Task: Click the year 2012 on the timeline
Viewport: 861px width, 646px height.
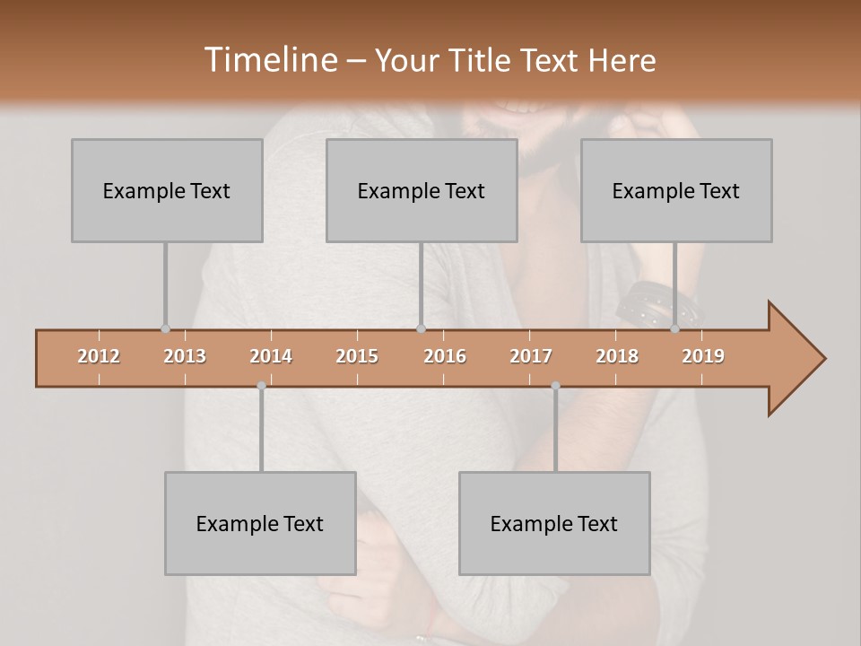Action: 99,356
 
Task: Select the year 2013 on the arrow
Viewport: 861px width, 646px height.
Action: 185,356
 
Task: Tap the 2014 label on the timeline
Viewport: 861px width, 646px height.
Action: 271,356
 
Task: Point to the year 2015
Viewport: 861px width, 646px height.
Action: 357,356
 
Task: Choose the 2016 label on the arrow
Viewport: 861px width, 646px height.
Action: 445,356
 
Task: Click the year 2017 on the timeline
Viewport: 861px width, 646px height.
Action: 531,356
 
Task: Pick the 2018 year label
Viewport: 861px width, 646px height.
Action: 617,356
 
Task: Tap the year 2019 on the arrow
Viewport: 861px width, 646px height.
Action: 703,356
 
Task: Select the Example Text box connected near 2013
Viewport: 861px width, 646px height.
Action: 167,190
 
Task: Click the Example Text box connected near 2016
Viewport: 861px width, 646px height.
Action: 422,190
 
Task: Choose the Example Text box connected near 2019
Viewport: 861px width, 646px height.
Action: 676,190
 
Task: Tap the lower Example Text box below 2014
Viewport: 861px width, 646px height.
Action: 260,523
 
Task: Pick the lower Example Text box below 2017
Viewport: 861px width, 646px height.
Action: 554,523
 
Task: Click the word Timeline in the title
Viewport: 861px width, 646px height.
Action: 269,60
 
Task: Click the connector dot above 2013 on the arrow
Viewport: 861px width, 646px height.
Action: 165,329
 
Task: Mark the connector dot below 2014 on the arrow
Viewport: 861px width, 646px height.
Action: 261,386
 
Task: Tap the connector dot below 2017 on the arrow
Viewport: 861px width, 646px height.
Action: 555,386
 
